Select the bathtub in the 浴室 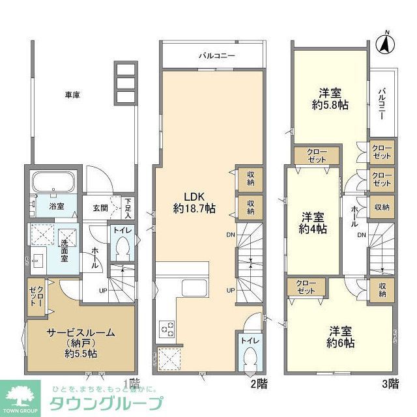coord(55,183)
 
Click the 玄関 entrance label coord(100,207)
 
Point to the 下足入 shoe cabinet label coord(129,207)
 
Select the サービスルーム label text coord(81,332)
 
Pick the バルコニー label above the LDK coord(217,56)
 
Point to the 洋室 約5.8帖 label coord(329,98)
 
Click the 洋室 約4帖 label coord(313,222)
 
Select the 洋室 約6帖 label coord(341,336)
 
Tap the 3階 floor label coord(389,384)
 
